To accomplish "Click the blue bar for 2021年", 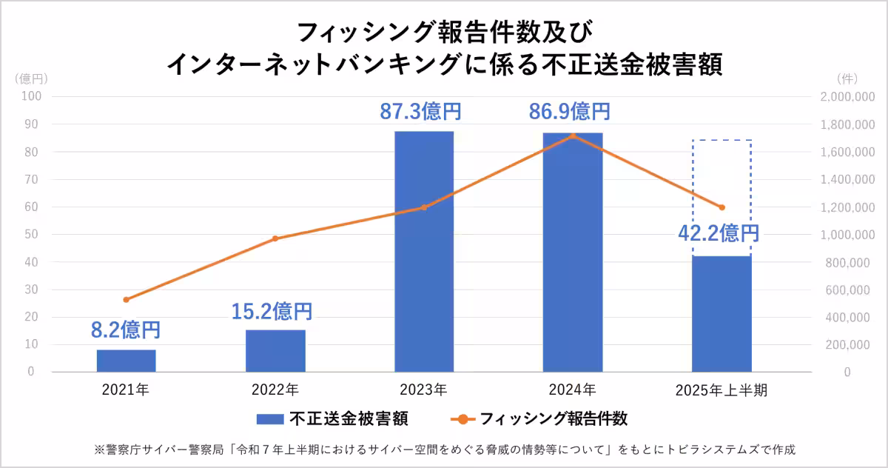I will coord(126,361).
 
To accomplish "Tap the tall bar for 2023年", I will coord(424,252).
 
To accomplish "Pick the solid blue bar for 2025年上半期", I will coord(721,314).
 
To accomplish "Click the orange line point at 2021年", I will coord(126,300).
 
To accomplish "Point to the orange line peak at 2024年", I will coord(573,136).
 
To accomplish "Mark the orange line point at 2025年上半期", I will coord(721,207).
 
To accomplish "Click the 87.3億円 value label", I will coord(421,112).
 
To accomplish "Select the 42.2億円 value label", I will coord(719,233).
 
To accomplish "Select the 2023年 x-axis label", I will coord(424,390).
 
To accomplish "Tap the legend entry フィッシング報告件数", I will coord(540,419).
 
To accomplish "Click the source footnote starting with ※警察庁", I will coord(444,449).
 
